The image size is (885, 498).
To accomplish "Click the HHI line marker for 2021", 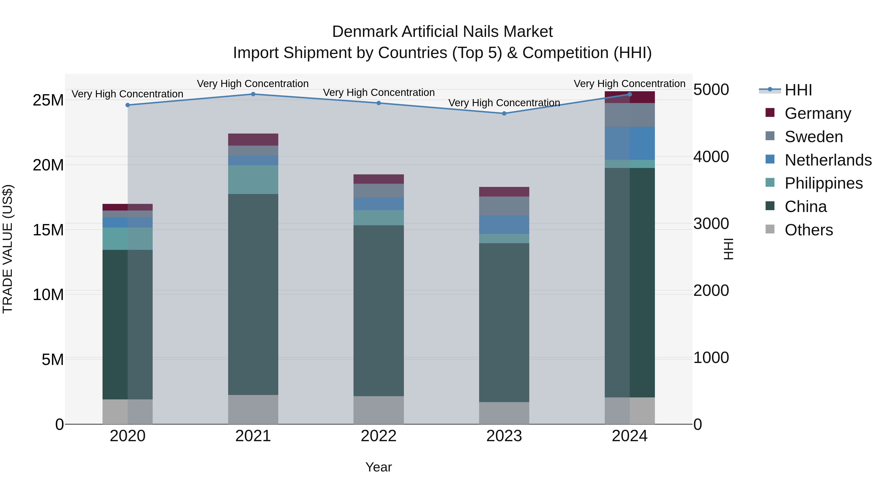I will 253,94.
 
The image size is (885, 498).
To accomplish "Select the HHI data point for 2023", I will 504,113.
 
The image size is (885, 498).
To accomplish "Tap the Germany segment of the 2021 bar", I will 253,139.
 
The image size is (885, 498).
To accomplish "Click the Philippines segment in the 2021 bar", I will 253,180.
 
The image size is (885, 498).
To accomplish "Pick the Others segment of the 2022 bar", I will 379,410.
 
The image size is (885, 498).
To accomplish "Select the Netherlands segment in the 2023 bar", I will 504,225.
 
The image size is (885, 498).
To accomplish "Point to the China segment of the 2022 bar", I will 379,311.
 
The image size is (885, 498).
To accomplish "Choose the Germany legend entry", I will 818,113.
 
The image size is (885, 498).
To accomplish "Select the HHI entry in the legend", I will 798,90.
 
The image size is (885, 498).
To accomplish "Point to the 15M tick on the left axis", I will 48,230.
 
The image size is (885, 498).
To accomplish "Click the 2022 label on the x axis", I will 379,436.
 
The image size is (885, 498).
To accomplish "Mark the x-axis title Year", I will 379,467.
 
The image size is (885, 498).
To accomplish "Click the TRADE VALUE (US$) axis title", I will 8,249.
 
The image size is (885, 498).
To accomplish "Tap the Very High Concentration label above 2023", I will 504,103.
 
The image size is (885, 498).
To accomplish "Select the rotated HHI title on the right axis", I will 728,249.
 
